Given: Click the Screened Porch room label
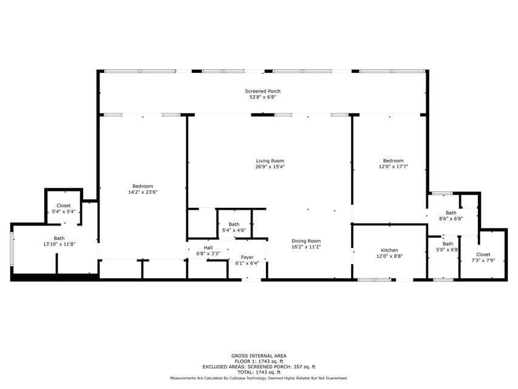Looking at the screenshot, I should pyautogui.click(x=262, y=91).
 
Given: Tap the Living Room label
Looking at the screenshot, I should pyautogui.click(x=270, y=161).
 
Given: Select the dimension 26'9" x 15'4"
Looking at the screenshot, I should pyautogui.click(x=270, y=167).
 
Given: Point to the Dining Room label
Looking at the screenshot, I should pyautogui.click(x=305, y=241).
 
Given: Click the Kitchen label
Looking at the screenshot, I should pyautogui.click(x=389, y=250).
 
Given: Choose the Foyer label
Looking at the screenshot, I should pyautogui.click(x=247, y=257).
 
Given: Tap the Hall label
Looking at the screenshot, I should pyautogui.click(x=208, y=247).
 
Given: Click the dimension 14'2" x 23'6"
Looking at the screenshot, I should pyautogui.click(x=143, y=192).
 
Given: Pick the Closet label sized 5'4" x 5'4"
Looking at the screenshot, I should pyautogui.click(x=64, y=205).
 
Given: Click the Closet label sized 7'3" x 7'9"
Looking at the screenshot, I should pyautogui.click(x=483, y=254).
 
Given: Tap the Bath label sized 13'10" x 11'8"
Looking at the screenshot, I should pyautogui.click(x=59, y=238).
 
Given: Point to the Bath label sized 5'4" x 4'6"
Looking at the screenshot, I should pyautogui.click(x=234, y=224).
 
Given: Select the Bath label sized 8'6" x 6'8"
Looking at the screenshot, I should pyautogui.click(x=451, y=213).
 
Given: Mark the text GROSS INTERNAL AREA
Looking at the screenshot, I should pyautogui.click(x=259, y=356).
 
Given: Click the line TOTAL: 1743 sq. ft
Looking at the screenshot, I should pyautogui.click(x=259, y=372).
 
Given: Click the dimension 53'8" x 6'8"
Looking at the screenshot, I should pyautogui.click(x=262, y=97).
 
